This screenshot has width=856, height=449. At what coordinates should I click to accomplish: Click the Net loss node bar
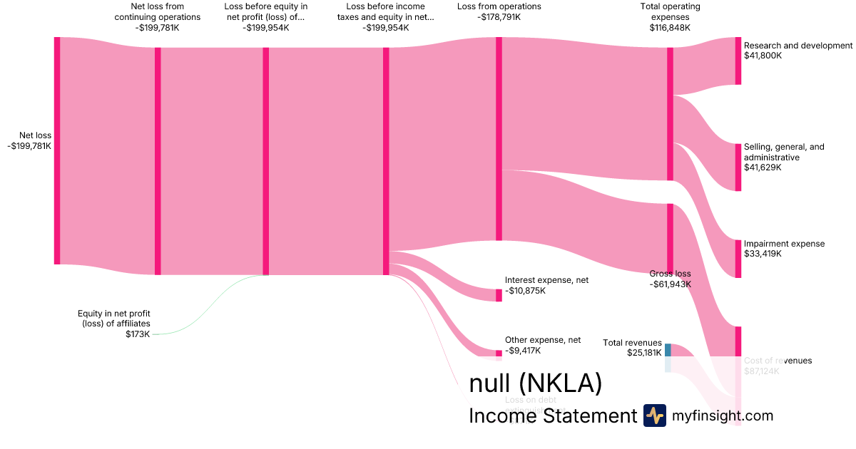coord(57,150)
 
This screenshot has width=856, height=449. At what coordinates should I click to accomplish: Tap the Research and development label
coord(798,46)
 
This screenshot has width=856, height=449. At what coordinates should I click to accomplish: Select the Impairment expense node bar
coord(738,258)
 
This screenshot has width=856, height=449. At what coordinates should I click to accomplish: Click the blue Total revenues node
coord(668,350)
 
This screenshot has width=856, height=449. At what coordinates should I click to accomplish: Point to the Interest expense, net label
coord(546,281)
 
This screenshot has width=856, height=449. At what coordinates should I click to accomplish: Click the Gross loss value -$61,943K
coord(670,284)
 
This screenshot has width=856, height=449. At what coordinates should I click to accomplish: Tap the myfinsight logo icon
coord(654,416)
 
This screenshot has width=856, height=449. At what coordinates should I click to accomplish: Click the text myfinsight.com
coord(723,416)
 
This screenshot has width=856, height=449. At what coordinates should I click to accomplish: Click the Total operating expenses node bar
coord(670,114)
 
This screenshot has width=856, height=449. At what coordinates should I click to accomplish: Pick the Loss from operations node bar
coord(499,139)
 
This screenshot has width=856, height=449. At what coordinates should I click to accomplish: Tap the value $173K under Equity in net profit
coord(138,334)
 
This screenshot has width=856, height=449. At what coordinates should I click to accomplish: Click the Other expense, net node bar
coord(499,353)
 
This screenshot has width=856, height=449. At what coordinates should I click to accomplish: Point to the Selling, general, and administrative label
coord(783,152)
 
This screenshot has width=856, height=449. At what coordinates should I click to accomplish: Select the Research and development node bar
coord(738,61)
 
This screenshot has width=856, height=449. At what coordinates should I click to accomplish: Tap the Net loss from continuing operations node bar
coord(158,161)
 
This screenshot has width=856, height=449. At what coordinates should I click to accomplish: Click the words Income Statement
coord(552,416)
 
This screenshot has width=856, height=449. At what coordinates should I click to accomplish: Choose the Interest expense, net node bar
coord(499,295)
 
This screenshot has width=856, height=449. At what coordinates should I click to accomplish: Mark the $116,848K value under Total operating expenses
coord(670,28)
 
